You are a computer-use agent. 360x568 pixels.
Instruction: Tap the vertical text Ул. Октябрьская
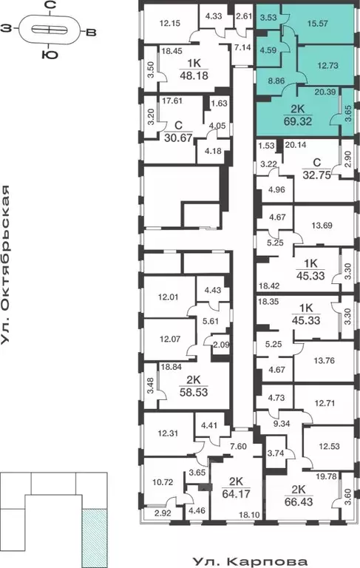(8, 266)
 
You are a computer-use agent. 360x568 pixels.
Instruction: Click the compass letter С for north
(49, 7)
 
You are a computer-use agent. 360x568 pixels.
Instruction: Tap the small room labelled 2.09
(221, 343)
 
